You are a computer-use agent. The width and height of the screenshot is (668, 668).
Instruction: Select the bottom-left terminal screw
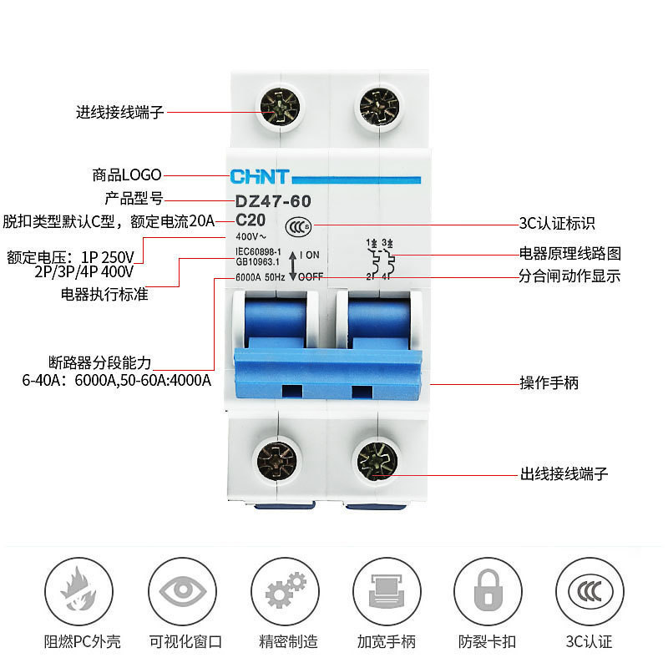tap(275, 460)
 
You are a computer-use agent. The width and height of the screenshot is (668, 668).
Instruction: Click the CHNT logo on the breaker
tap(259, 177)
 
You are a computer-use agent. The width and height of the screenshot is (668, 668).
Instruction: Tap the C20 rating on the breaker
tap(250, 220)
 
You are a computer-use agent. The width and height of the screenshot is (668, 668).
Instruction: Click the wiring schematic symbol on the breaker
tap(380, 260)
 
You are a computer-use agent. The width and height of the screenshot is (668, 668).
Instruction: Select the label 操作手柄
tap(549, 383)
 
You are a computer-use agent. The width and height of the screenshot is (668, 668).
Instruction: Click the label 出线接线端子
tap(564, 474)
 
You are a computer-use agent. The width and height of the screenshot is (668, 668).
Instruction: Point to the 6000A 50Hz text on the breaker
tap(261, 277)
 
